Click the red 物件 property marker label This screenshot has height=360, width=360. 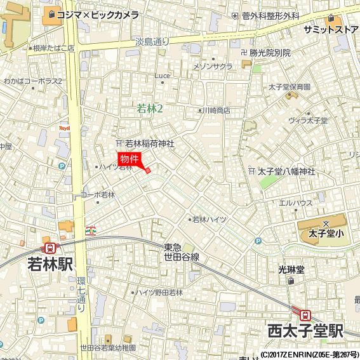pyautogui.click(x=129, y=159)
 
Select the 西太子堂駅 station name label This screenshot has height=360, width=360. pyautogui.click(x=305, y=331)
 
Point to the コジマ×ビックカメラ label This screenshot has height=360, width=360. pyautogui.click(x=97, y=15)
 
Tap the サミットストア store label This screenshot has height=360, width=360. pyautogui.click(x=331, y=30)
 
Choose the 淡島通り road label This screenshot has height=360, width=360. pyautogui.click(x=152, y=41)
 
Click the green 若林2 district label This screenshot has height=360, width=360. pyautogui.click(x=150, y=109)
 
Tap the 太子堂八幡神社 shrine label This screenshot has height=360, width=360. pyautogui.click(x=286, y=171)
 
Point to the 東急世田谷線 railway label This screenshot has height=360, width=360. pyautogui.click(x=182, y=252)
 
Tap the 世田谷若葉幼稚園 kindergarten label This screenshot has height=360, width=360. pyautogui.click(x=108, y=349)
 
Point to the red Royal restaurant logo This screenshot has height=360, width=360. pyautogui.click(x=63, y=128)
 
